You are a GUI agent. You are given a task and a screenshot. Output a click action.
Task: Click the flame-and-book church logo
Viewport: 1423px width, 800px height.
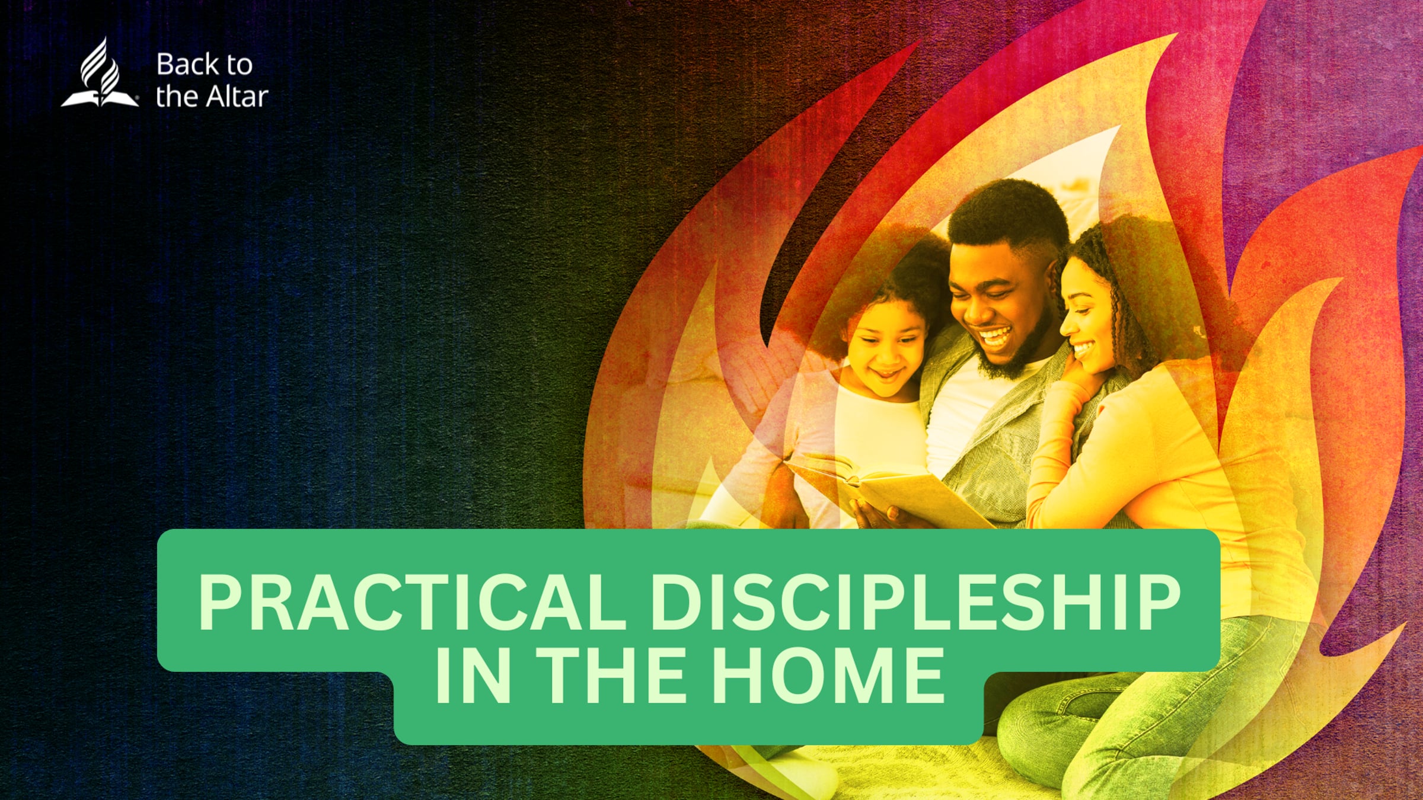(100, 74)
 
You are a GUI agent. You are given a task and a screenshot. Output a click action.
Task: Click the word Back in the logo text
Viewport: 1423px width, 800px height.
(187, 65)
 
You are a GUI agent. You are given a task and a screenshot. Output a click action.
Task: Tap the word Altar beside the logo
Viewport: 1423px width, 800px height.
(236, 97)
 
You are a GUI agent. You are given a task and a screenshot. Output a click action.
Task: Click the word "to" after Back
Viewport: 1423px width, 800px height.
(238, 65)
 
